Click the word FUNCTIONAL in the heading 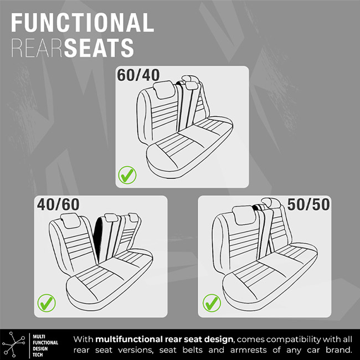coord(83,23)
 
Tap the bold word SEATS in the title coord(99,48)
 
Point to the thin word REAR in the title coord(37,48)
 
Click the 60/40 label coord(138,75)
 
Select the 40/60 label coord(58,204)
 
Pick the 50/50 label coord(308,204)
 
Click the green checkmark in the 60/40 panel coord(127,175)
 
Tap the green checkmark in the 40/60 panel coord(47,303)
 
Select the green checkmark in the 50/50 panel coord(212,303)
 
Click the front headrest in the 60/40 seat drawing coord(164,89)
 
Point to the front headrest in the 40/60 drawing coord(70,220)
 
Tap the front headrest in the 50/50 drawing coord(243,215)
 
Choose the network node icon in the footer coord(14,344)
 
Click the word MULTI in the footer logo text coord(39,337)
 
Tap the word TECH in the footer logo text coord(38,354)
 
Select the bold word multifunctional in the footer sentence coord(129,339)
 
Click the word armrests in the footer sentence coord(249,350)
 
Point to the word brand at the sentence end coord(339,350)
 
